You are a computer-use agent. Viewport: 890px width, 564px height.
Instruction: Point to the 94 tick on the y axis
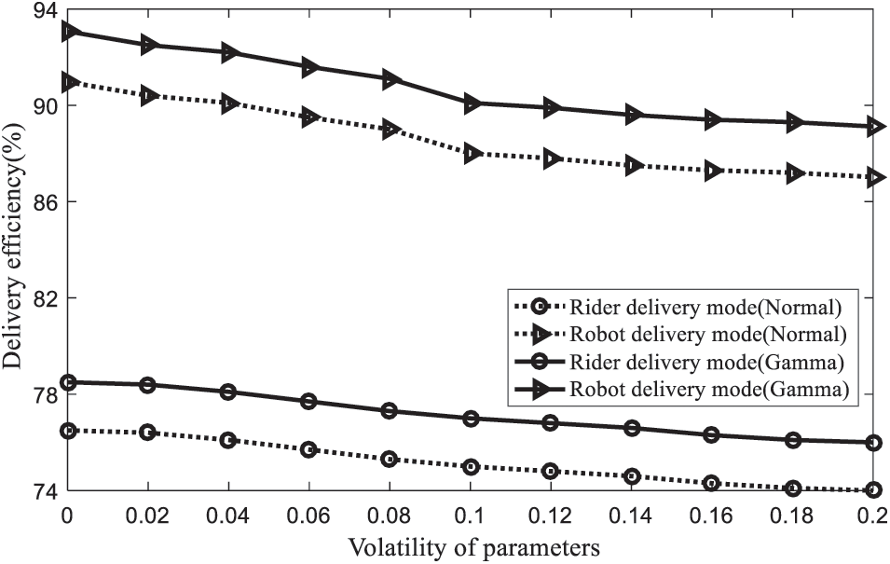[44, 10]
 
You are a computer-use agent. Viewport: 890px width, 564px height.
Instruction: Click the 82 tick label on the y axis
[44, 298]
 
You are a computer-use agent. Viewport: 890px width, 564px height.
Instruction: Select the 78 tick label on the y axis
[44, 394]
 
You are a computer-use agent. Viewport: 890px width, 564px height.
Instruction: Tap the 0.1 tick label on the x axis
[470, 514]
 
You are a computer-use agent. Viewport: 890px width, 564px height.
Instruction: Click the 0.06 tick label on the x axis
[308, 514]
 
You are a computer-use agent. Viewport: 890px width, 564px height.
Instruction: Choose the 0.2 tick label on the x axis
[872, 514]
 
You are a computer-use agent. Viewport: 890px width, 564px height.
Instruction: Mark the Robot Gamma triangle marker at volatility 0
[68, 32]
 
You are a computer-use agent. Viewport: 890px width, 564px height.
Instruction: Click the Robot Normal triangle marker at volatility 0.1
[472, 153]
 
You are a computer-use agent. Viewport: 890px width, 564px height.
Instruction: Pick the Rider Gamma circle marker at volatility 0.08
[390, 411]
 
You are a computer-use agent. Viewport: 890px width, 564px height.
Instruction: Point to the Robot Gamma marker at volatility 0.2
[873, 126]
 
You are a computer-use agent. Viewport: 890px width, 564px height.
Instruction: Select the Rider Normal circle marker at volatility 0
[68, 431]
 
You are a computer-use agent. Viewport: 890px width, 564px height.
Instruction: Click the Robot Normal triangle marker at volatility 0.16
[713, 171]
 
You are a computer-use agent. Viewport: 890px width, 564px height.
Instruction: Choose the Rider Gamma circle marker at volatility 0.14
[632, 428]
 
